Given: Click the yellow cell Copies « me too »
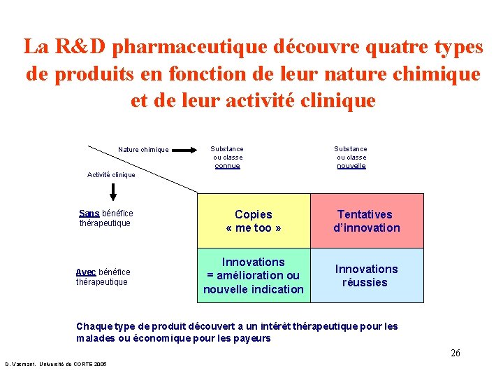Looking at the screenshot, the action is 254,220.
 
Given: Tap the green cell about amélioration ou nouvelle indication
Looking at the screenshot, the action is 254,275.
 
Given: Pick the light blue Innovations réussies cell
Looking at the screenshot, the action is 366,275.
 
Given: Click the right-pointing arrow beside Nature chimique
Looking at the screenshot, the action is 185,150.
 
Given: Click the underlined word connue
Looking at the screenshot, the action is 227,166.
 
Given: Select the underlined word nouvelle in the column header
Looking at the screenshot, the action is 351,166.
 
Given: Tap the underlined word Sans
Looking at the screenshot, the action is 89,213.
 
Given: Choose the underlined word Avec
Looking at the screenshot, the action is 86,272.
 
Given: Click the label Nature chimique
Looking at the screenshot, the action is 143,150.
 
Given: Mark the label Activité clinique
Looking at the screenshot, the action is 111,175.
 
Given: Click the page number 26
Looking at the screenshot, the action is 455,353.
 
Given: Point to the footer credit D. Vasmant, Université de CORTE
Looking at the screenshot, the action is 56,365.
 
